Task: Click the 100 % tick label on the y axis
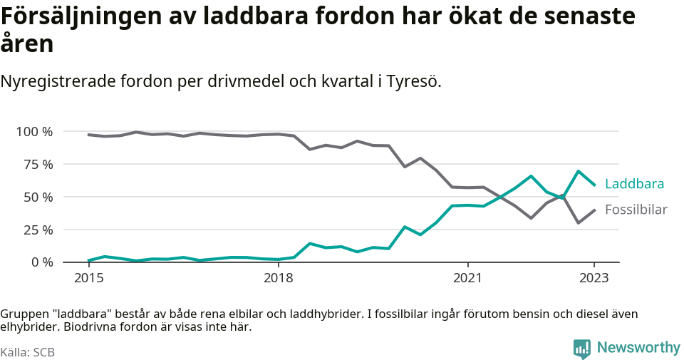pyautogui.click(x=34, y=132)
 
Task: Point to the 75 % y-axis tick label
pyautogui.click(x=37, y=165)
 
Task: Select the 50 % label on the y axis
pyautogui.click(x=37, y=197)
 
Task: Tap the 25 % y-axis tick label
pyautogui.click(x=37, y=230)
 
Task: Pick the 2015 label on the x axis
pyautogui.click(x=88, y=278)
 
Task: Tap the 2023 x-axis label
pyautogui.click(x=595, y=278)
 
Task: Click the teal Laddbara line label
pyautogui.click(x=634, y=184)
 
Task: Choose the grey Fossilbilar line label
pyautogui.click(x=636, y=210)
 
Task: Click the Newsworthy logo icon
pyautogui.click(x=581, y=349)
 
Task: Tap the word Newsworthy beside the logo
pyautogui.click(x=638, y=348)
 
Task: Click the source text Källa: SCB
pyautogui.click(x=28, y=352)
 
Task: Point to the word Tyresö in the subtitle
pyautogui.click(x=413, y=81)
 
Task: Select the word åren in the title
pyautogui.click(x=26, y=44)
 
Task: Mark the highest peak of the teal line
pyautogui.click(x=579, y=171)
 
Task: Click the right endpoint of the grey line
pyautogui.click(x=595, y=210)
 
